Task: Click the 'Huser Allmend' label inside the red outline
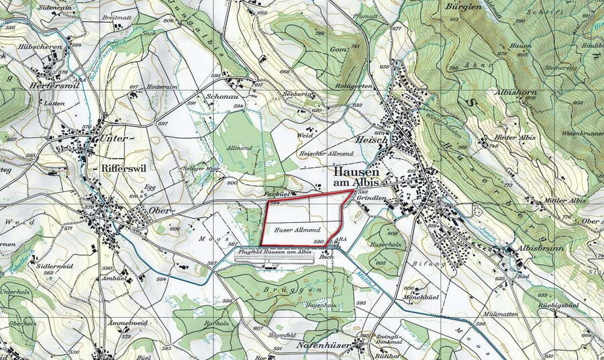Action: (296, 230)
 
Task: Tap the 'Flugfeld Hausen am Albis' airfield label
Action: (274, 251)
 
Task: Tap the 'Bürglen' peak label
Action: (462, 6)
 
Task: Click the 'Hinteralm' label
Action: (161, 87)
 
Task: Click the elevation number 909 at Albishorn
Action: (530, 97)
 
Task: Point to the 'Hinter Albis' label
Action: (515, 138)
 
